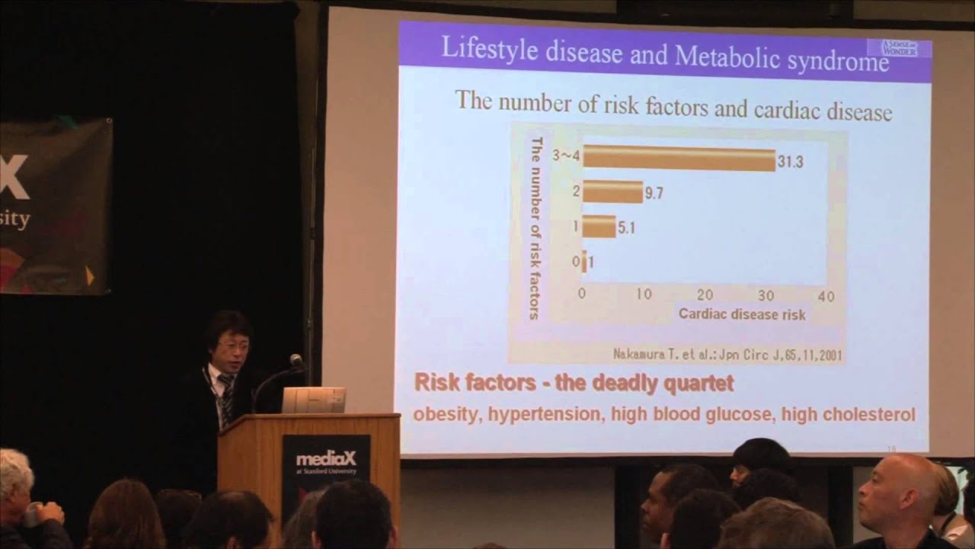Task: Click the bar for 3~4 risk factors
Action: (x=679, y=159)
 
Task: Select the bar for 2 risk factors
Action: (x=612, y=192)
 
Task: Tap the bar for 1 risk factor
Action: (x=599, y=226)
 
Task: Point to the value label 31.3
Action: (x=790, y=162)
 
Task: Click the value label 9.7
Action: (x=654, y=194)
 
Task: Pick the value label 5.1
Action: (x=625, y=227)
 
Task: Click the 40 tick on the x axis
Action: (x=826, y=296)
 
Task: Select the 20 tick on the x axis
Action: (x=705, y=295)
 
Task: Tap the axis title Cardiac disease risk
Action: (x=741, y=313)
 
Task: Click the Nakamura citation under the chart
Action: (x=727, y=355)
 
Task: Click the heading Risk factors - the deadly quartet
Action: (x=574, y=383)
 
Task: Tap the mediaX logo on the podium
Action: (x=326, y=460)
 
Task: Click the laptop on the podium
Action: (x=314, y=400)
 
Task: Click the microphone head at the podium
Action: (x=296, y=360)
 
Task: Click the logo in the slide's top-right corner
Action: (x=899, y=47)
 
